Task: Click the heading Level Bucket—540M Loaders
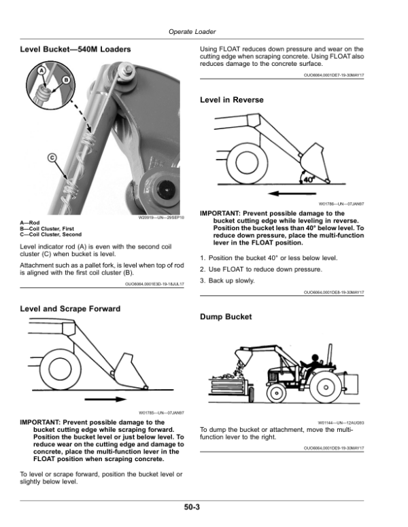pyautogui.click(x=75, y=50)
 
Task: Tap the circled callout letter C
pyautogui.click(x=52, y=159)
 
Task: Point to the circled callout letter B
pyautogui.click(x=66, y=80)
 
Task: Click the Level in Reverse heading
pyautogui.click(x=231, y=100)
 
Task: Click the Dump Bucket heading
pyautogui.click(x=226, y=316)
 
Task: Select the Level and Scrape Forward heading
pyautogui.click(x=71, y=308)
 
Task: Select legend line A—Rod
pyautogui.click(x=33, y=223)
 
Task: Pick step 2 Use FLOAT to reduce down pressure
pyautogui.click(x=251, y=270)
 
